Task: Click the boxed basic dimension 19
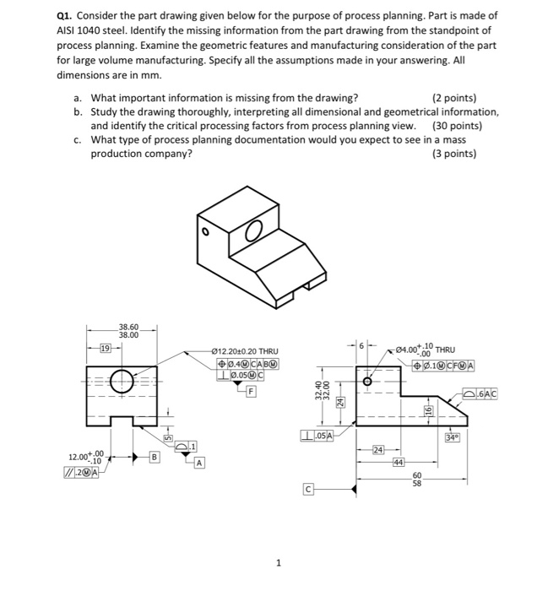click(106, 348)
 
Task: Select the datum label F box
click(251, 390)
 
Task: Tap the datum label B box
click(154, 457)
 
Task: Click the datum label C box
click(308, 489)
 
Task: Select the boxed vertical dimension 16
click(427, 411)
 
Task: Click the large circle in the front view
click(121, 382)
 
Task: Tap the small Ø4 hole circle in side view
click(367, 382)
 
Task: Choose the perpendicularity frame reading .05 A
click(318, 436)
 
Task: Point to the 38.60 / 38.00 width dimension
click(129, 330)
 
